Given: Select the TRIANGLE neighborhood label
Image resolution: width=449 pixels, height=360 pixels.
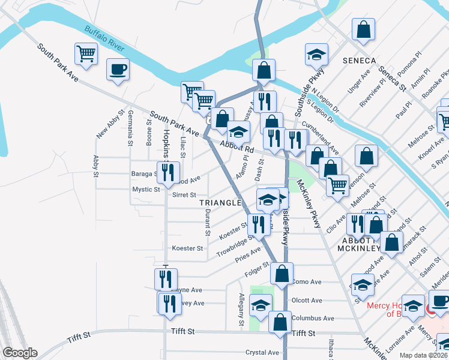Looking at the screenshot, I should [220, 203].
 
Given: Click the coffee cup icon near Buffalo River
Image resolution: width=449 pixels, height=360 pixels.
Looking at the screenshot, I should [118, 69].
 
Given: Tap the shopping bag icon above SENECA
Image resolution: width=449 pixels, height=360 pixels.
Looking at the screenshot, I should [363, 29].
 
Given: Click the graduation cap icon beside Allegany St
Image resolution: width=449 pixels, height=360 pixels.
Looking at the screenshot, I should [261, 306].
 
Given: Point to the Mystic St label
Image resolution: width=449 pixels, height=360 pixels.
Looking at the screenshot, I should [146, 190].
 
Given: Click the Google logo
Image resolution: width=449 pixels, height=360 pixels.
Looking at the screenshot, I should [20, 353].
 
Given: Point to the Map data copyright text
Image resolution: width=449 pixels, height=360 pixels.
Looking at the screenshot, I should [423, 355].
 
